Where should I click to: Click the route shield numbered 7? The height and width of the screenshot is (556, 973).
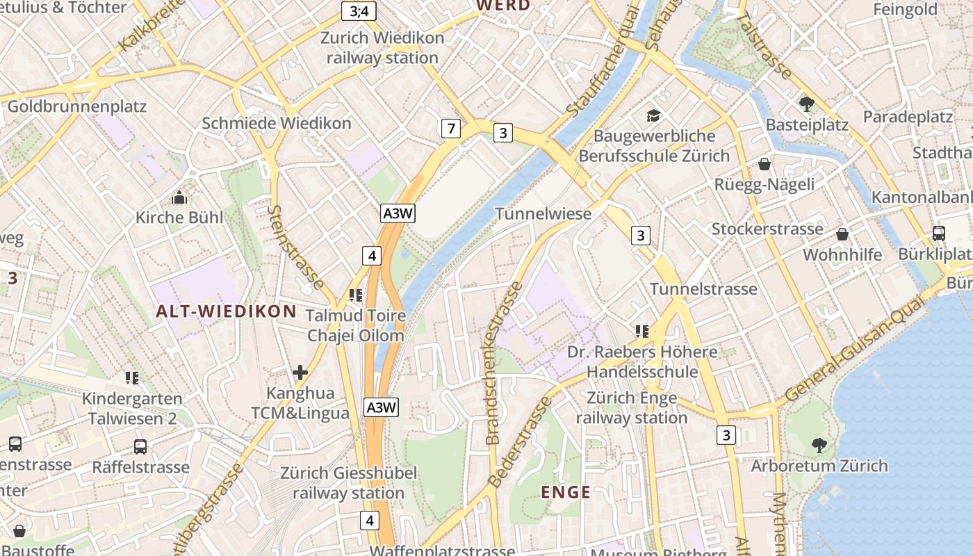click(451, 128)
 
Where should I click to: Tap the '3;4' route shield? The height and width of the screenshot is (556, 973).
click(359, 10)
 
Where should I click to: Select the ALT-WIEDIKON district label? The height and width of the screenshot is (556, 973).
click(226, 311)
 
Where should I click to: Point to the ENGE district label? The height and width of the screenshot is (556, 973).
click(566, 493)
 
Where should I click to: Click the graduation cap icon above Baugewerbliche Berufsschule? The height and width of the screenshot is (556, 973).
click(653, 115)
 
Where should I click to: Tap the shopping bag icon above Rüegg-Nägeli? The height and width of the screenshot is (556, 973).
click(764, 164)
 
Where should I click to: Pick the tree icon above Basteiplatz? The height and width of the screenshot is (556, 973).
click(807, 104)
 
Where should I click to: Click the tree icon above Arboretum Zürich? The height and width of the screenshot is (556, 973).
click(819, 445)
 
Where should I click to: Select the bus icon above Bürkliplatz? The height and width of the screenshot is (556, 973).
click(938, 234)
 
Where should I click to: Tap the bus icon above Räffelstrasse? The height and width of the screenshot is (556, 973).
click(140, 446)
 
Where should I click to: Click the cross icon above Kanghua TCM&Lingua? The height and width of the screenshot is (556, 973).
click(300, 373)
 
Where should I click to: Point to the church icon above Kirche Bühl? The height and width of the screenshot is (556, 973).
click(179, 197)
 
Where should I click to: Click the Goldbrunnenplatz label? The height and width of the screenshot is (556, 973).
click(76, 107)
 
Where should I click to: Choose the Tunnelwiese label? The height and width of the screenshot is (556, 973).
click(543, 213)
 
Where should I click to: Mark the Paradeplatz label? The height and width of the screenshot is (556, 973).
click(908, 117)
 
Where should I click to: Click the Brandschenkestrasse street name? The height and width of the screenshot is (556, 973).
click(502, 363)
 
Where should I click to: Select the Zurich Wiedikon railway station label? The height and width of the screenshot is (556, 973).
click(382, 47)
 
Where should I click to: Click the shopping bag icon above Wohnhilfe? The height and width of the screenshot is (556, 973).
click(842, 234)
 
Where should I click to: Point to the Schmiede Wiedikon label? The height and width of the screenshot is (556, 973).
click(276, 124)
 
